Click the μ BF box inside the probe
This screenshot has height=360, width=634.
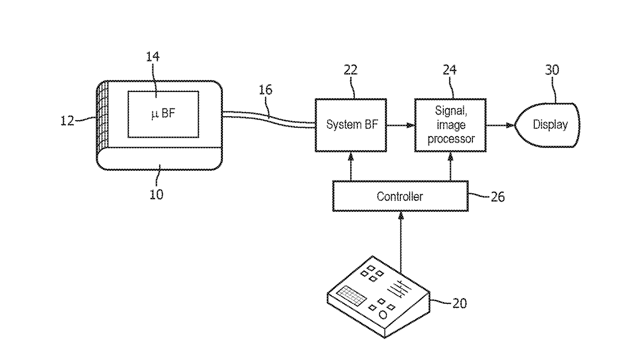(163, 114)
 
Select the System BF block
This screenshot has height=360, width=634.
(351, 125)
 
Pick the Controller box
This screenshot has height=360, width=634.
(400, 196)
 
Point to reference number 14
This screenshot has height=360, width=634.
(153, 57)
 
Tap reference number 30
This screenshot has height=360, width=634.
(552, 70)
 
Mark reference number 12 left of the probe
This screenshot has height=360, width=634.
(67, 121)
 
